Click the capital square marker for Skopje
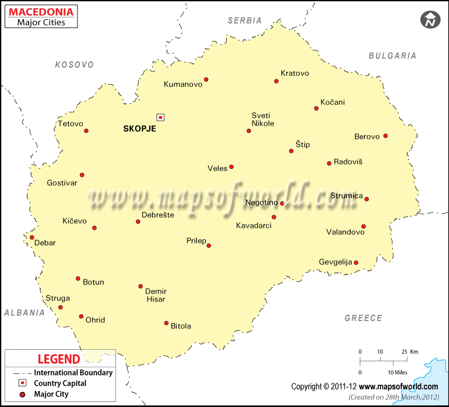click(161, 117)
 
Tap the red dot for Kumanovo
click(206, 80)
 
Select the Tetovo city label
click(70, 124)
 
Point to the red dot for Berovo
click(385, 136)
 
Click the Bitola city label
click(181, 326)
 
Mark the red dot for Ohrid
click(81, 317)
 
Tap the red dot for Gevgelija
click(356, 262)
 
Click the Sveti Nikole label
click(263, 120)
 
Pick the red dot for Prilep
click(209, 245)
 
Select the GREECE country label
click(363, 318)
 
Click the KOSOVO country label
click(74, 65)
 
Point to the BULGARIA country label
click(392, 56)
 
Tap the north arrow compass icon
click(430, 20)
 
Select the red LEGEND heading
click(58, 359)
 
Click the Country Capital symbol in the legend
click(22, 383)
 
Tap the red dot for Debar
click(32, 237)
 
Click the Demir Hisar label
click(155, 295)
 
